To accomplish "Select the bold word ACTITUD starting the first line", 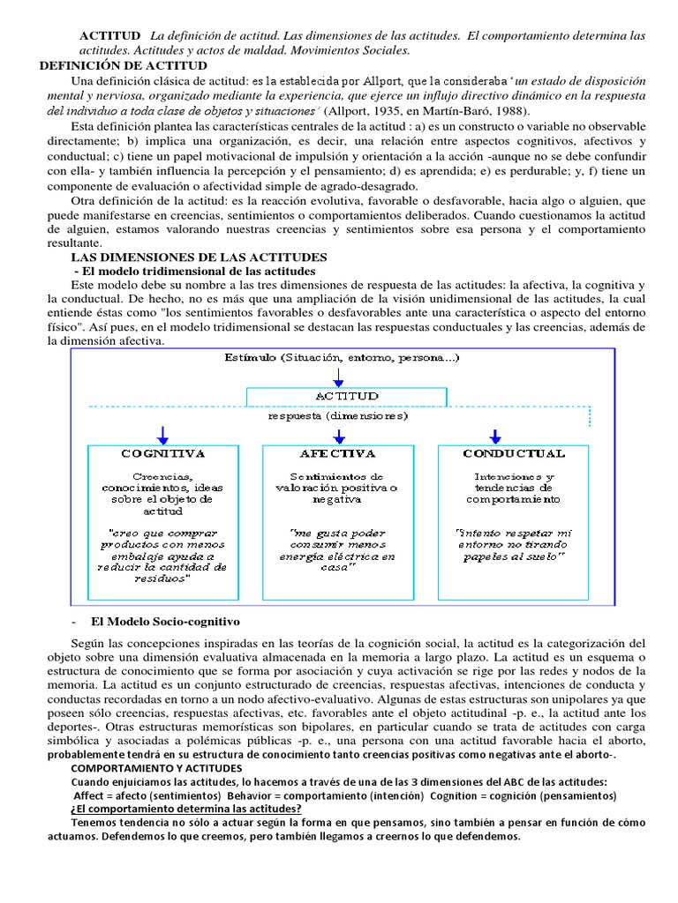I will [x=109, y=35].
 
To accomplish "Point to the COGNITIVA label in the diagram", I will [x=162, y=453].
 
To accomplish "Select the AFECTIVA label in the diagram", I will [x=338, y=453].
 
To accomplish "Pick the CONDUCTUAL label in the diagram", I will [x=514, y=453].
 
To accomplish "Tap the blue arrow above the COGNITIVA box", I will [x=162, y=435].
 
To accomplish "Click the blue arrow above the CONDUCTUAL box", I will [x=495, y=435].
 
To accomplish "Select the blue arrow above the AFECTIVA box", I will [x=338, y=435].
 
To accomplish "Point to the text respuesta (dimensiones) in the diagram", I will [x=338, y=414].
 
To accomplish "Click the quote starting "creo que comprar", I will [x=162, y=556].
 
